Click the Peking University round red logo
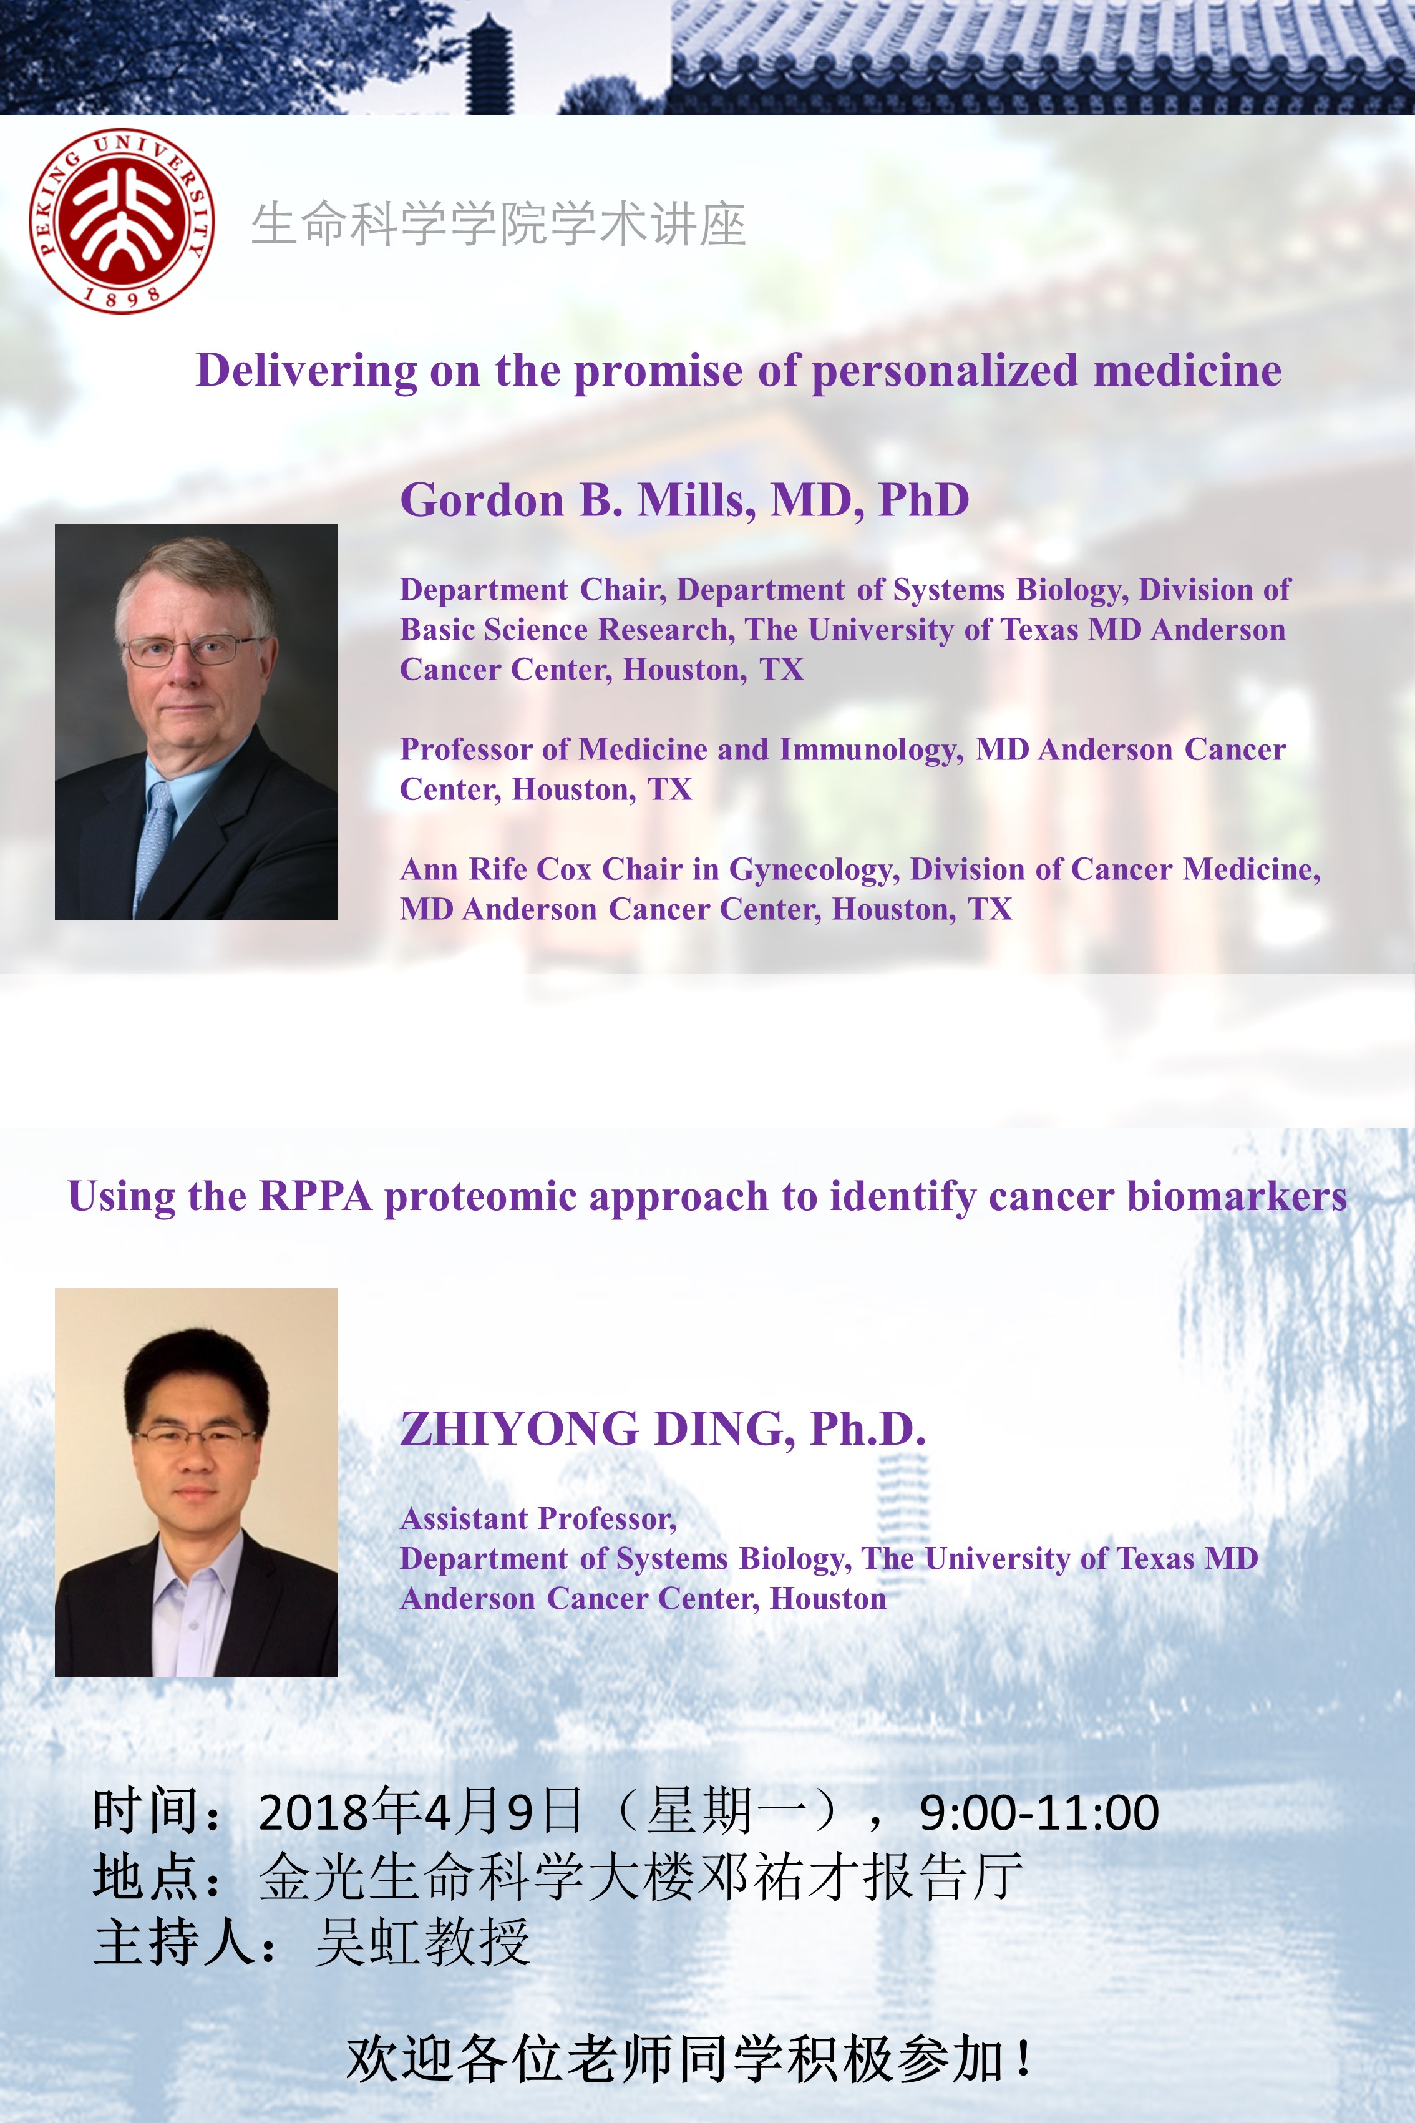pyautogui.click(x=122, y=220)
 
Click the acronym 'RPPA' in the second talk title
pyautogui.click(x=316, y=1197)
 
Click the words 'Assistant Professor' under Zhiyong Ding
pyautogui.click(x=538, y=1519)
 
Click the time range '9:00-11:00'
pyautogui.click(x=1039, y=1812)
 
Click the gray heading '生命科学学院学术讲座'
pyautogui.click(x=498, y=224)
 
